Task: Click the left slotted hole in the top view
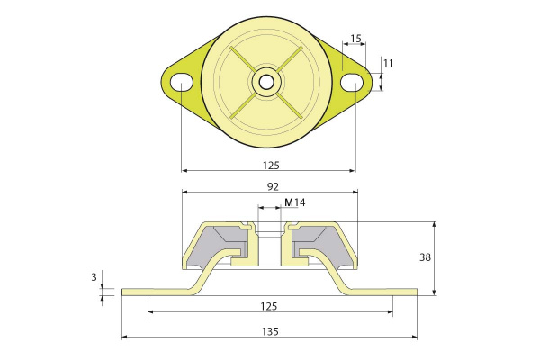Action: click(182, 82)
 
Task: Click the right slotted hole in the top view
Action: click(352, 83)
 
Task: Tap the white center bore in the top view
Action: click(267, 83)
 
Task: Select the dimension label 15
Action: click(355, 38)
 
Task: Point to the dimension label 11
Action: click(388, 63)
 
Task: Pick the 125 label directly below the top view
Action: click(271, 166)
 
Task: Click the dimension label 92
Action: click(273, 186)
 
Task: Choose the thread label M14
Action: click(295, 202)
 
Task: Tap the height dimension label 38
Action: click(425, 257)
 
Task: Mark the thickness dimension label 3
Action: click(94, 276)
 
